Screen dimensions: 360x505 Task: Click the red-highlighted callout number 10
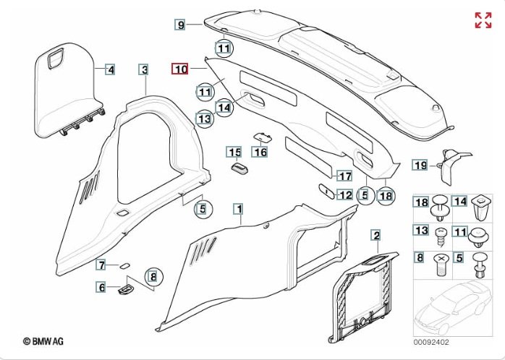[179, 69]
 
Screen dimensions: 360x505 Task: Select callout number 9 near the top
[181, 25]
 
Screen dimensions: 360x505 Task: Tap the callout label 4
[110, 70]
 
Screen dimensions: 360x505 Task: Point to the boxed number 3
[145, 70]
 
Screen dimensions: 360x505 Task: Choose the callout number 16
[260, 152]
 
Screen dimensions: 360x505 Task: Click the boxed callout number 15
[234, 152]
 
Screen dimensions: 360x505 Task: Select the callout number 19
[420, 166]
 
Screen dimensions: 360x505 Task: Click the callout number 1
[238, 209]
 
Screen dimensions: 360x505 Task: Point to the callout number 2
[375, 234]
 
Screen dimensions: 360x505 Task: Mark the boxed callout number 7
[102, 265]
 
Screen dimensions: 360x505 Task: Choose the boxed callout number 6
[102, 288]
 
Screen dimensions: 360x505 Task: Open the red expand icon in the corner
[483, 20]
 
